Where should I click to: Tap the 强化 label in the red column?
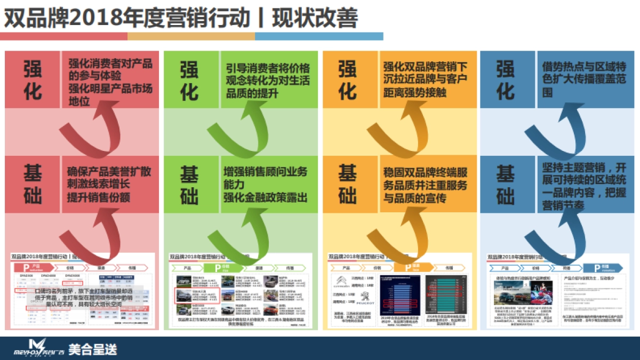[x=33, y=79]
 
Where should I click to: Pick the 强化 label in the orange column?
[x=347, y=79]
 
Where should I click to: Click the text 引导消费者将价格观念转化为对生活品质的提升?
[x=267, y=81]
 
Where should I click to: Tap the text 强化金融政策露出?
[x=265, y=198]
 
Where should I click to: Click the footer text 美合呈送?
[x=92, y=349]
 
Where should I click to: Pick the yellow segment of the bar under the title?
[x=191, y=36]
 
